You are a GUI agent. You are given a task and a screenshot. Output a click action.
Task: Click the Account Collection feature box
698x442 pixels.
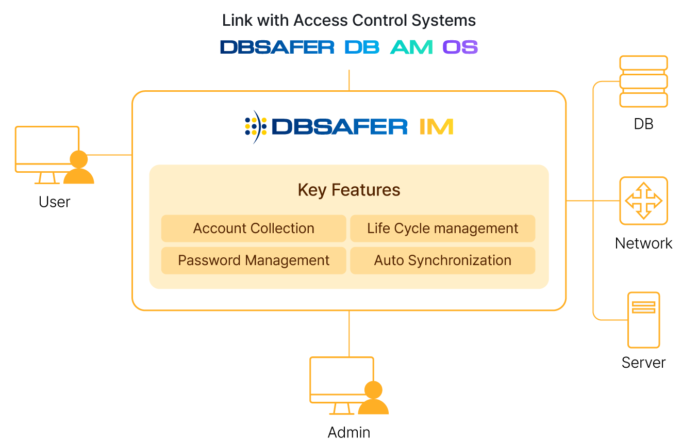coord(254,228)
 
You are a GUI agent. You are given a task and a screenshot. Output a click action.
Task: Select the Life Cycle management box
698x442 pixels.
coord(442,228)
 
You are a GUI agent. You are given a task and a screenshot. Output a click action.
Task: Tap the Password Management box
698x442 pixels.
coord(254,260)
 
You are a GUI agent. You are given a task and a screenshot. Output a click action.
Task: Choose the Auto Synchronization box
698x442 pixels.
coord(442,260)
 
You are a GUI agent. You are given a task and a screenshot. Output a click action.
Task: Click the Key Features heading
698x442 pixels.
coord(349,190)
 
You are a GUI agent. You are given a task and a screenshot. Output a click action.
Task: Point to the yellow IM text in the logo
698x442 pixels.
coord(436,126)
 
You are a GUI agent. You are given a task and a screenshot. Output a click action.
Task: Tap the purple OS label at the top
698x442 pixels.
coord(460,47)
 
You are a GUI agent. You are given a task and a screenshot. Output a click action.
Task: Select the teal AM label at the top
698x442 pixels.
coord(411,47)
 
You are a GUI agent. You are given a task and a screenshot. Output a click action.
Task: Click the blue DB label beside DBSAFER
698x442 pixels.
coord(362,47)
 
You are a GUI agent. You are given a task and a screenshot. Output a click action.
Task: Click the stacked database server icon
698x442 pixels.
coord(643,81)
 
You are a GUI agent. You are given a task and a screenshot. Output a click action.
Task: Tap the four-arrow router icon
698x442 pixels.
coord(643,201)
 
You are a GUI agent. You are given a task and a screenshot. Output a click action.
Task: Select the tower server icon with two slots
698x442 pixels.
coord(643,320)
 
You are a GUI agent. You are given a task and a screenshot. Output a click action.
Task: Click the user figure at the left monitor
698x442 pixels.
coord(79,168)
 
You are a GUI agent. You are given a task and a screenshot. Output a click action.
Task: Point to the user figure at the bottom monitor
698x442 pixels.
coord(373,399)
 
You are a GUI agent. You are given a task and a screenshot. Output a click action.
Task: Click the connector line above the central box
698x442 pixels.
coord(350,80)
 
